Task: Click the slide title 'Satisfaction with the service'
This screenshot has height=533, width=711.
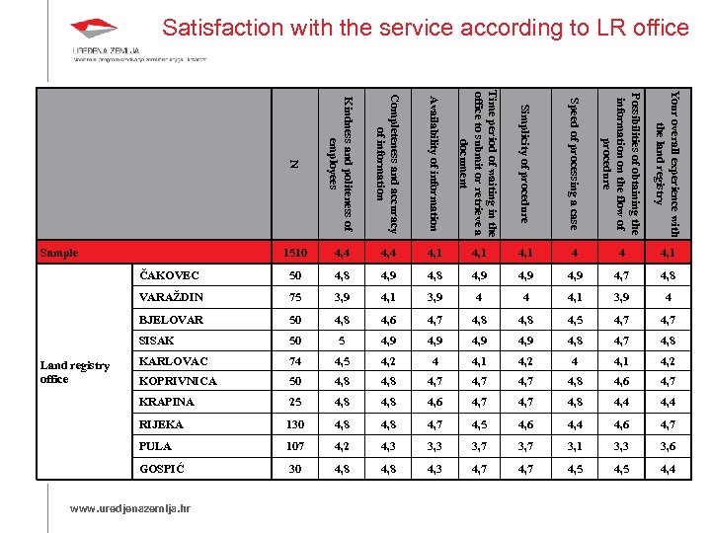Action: coord(426,28)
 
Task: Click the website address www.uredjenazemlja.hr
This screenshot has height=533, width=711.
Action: coord(128,509)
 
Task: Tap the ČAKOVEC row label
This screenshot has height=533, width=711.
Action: coord(169,275)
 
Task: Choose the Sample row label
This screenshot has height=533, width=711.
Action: coord(59,253)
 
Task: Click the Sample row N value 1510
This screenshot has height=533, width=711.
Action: coord(295,254)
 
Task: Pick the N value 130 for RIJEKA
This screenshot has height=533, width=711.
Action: coord(295,425)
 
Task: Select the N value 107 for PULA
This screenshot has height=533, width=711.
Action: coord(295,447)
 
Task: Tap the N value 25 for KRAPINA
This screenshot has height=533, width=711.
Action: coord(295,403)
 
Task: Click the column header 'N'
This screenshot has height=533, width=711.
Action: coord(293,163)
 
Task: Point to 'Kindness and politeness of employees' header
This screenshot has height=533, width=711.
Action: coord(339,147)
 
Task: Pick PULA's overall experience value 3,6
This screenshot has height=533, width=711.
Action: coord(669,447)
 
